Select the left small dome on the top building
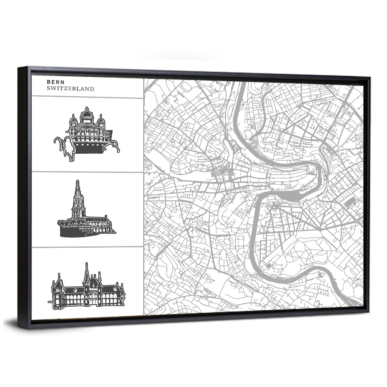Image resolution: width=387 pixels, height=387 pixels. click(x=74, y=118)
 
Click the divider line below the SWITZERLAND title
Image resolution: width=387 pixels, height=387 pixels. click(x=87, y=98)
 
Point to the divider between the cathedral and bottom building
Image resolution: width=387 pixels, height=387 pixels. click(x=87, y=247)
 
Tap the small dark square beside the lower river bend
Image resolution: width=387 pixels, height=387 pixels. click(x=268, y=266)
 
